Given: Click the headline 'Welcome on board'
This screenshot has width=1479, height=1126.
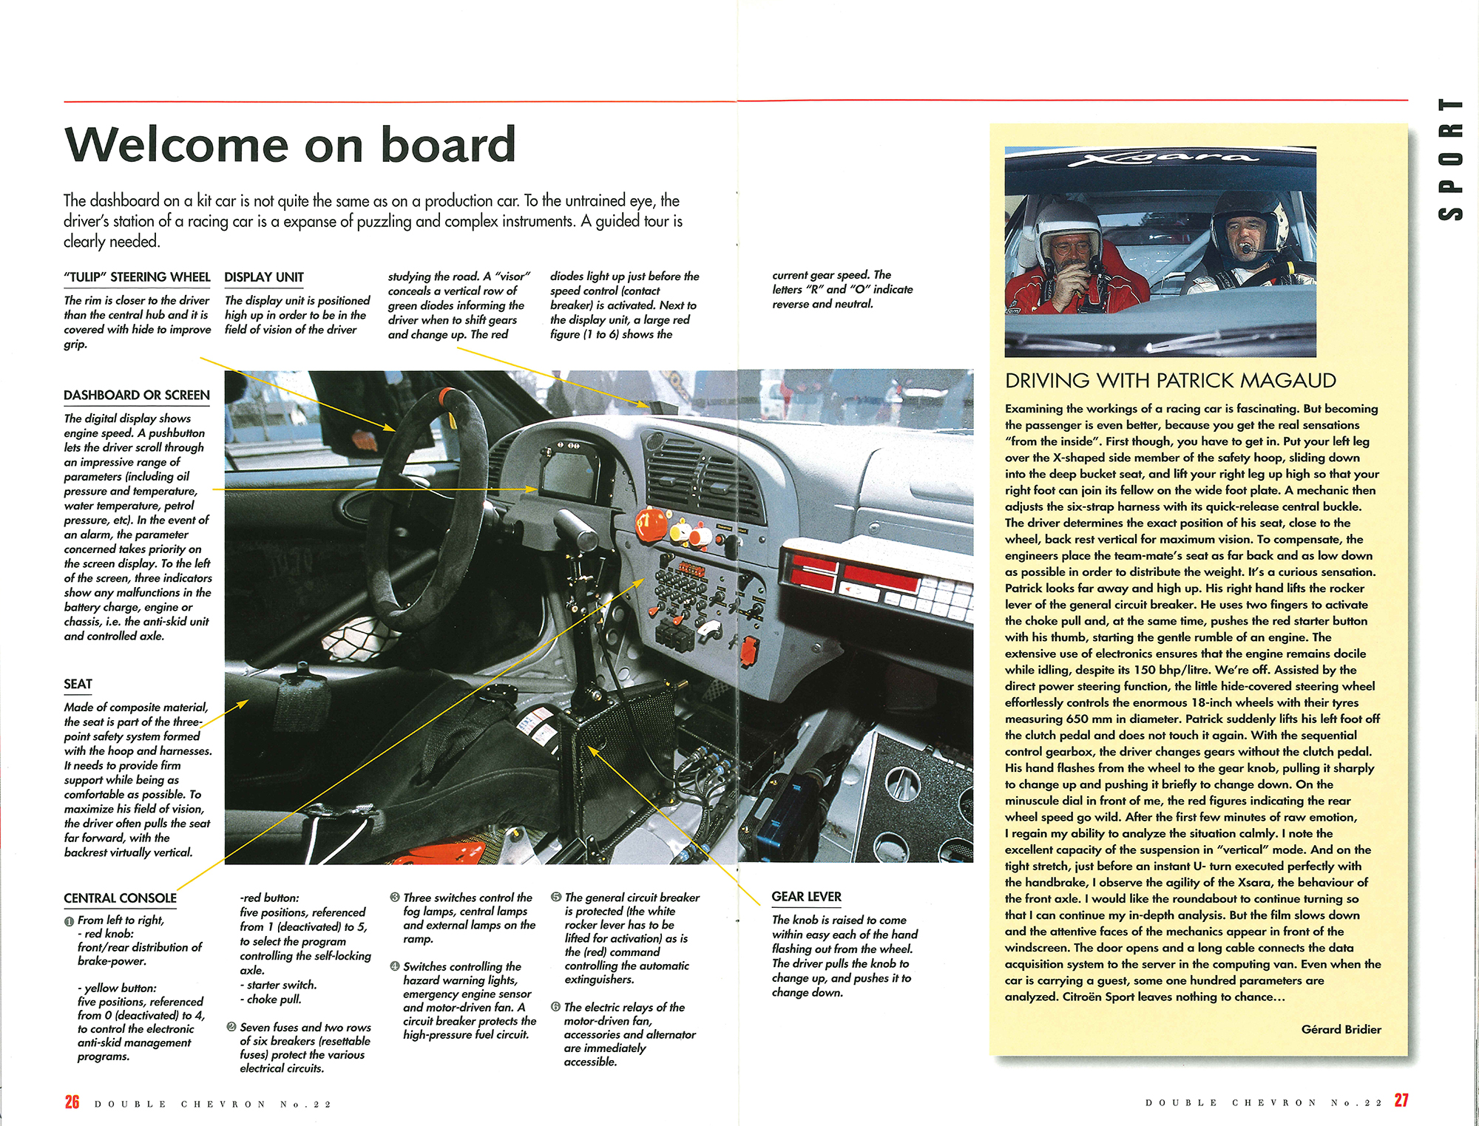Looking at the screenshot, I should point(290,144).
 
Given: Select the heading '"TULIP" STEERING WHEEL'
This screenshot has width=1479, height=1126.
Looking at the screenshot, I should point(137,277).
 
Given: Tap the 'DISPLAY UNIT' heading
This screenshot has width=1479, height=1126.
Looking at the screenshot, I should point(264,277).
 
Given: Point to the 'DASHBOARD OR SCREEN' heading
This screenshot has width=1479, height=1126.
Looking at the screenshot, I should point(137,395).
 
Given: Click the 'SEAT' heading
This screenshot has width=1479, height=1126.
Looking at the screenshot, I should point(78,684).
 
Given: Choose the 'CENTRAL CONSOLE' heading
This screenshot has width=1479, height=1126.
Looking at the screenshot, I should point(120,898).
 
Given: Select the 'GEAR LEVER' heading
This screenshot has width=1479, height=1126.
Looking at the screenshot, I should point(806,897).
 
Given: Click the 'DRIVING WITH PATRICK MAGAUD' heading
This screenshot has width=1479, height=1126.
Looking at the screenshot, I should point(1170,381).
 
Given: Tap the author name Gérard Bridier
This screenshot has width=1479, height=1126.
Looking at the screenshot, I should point(1341,1029).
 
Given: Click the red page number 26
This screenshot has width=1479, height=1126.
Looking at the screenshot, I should point(72,1102).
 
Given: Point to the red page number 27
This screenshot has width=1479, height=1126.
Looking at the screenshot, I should point(1401,1100).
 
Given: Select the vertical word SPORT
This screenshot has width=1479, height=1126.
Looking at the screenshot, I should point(1450,159).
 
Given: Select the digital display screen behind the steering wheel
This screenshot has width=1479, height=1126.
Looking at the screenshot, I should point(573,474).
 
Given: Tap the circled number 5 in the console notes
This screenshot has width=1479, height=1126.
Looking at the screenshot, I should point(555,897).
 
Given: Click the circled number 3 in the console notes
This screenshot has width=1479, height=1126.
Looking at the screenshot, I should point(394,897).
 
